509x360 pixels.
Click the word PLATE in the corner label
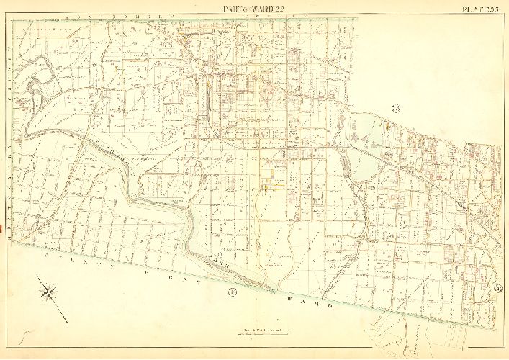[x=471, y=8]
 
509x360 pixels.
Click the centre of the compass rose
[x=49, y=292]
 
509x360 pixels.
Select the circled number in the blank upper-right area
[x=396, y=109]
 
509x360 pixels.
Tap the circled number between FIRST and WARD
[x=232, y=292]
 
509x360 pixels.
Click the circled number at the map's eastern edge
[x=497, y=289]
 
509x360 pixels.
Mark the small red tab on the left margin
[x=2, y=230]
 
